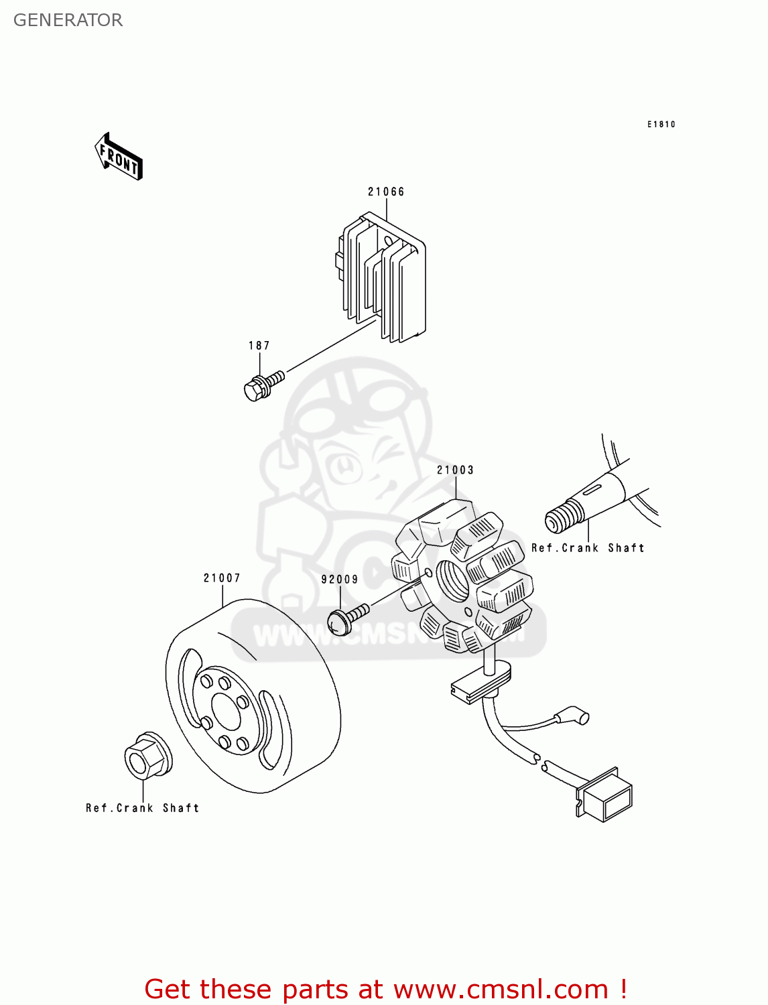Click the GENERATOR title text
click(x=68, y=20)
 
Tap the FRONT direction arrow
click(x=119, y=157)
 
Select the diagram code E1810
click(x=661, y=124)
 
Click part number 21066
click(x=386, y=192)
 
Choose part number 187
click(x=259, y=346)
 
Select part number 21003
click(x=455, y=470)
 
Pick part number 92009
click(x=339, y=580)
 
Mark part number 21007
click(x=222, y=578)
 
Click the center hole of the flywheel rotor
click(x=226, y=711)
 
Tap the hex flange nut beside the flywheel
click(x=147, y=756)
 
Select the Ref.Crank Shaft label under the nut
click(x=142, y=808)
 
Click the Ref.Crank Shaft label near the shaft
click(x=588, y=548)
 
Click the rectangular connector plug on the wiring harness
click(x=606, y=797)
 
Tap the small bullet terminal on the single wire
click(x=574, y=718)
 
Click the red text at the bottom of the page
click(x=385, y=989)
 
